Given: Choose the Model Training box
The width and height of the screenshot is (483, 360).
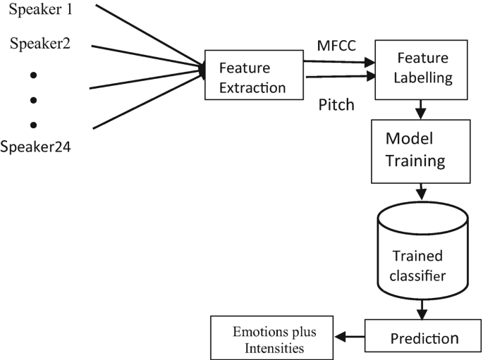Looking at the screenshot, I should tap(419, 151).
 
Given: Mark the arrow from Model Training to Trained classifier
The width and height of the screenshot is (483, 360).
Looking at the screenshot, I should tap(420, 192).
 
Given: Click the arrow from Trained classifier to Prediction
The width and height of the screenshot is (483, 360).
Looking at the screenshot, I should tap(422, 309).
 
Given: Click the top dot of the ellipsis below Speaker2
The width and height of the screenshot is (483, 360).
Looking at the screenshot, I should tap(32, 75).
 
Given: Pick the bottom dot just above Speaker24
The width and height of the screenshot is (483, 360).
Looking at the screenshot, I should tap(32, 125).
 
